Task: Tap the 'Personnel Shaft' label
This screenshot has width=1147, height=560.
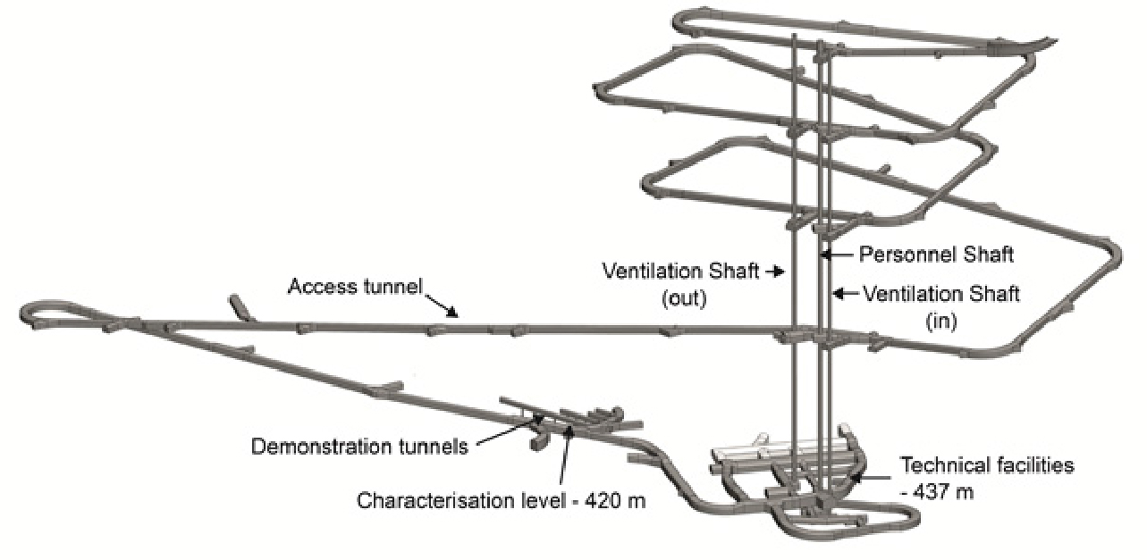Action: click(936, 255)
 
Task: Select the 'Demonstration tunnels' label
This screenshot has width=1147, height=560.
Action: click(359, 446)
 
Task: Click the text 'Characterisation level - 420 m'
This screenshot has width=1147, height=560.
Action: click(501, 500)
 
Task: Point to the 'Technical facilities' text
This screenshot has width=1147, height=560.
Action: click(986, 465)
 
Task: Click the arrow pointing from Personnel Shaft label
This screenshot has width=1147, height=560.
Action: click(838, 255)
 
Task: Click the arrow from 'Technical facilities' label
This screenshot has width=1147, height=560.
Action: click(865, 476)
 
